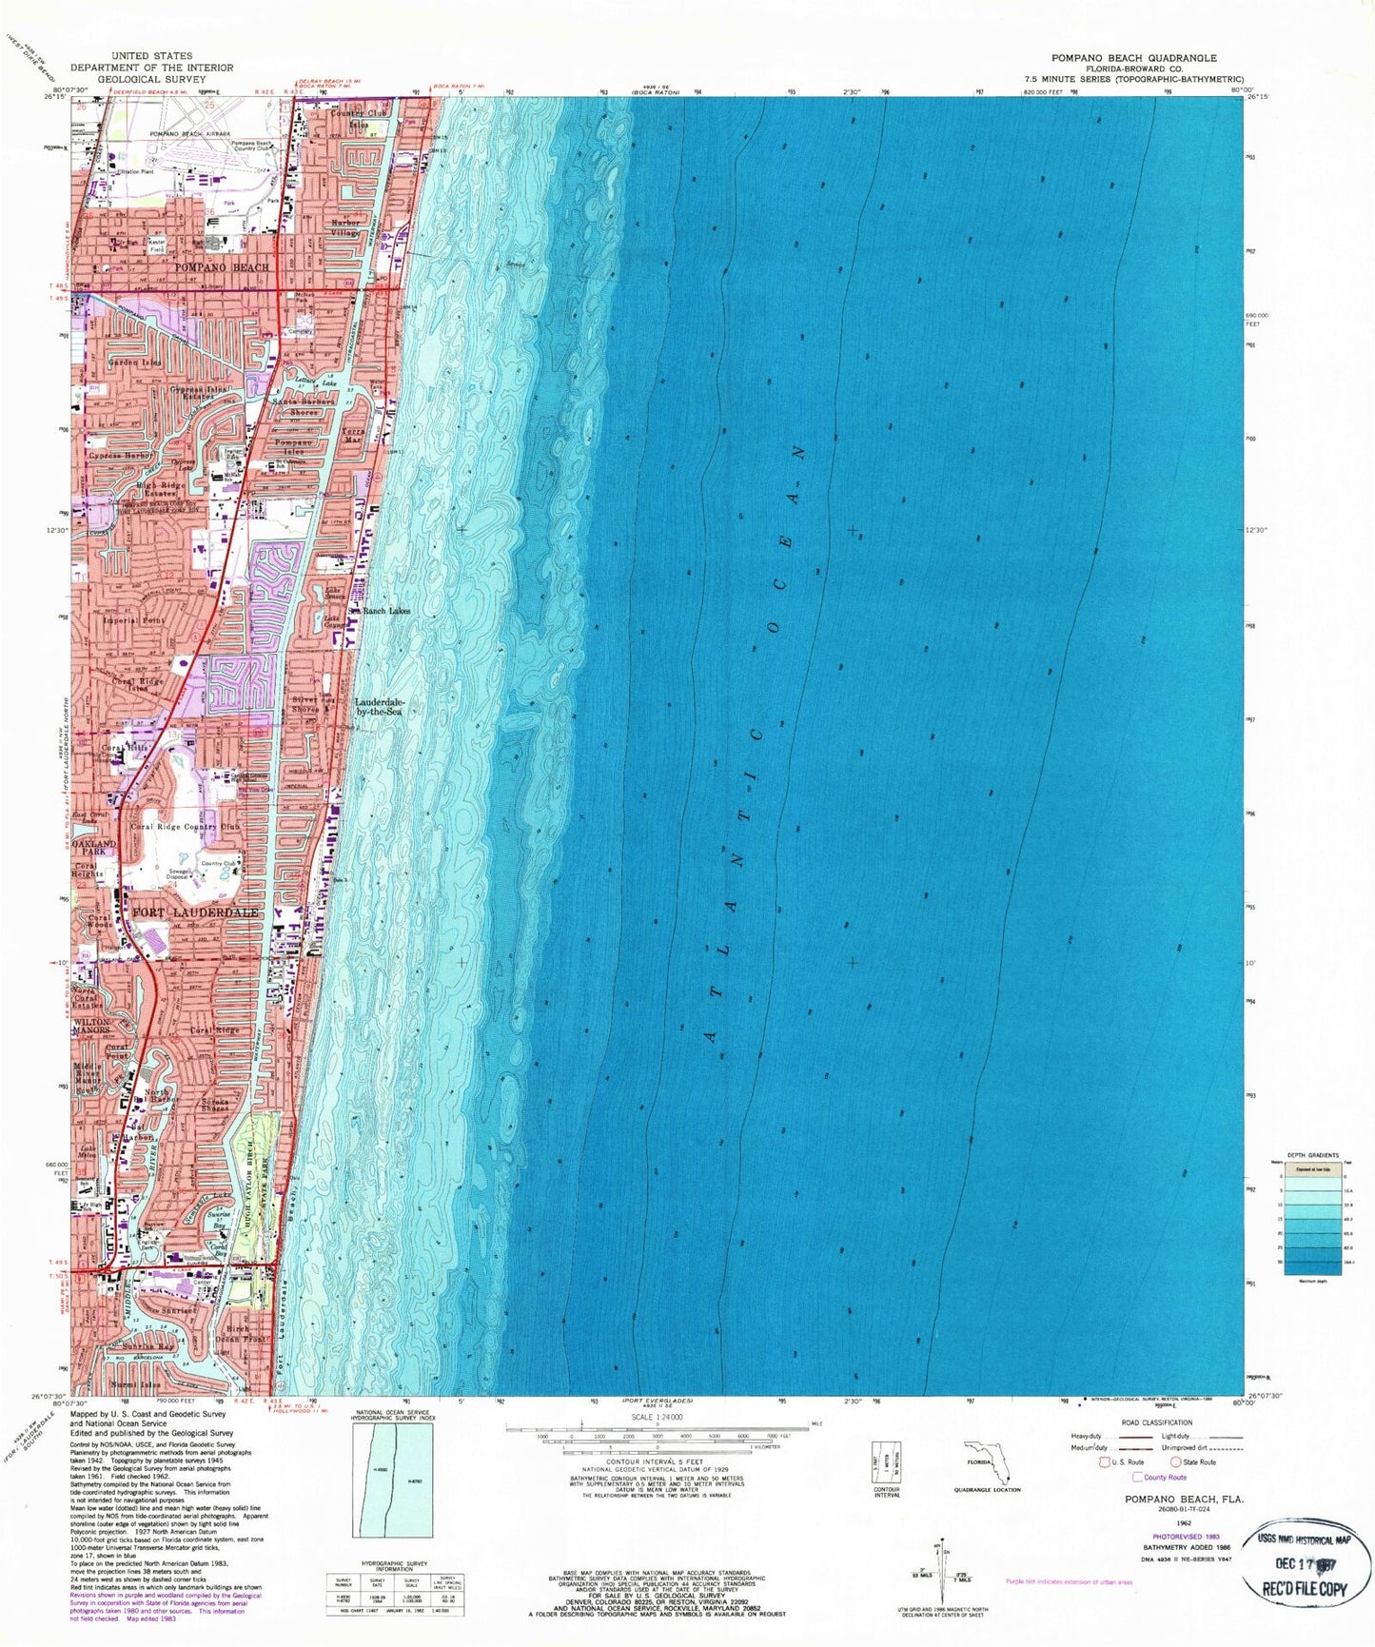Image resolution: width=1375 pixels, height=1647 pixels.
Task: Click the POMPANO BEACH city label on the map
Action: (x=222, y=267)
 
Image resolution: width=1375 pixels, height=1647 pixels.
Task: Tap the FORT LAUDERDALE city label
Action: (x=195, y=912)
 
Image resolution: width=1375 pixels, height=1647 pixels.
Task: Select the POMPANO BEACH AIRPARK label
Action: (x=189, y=134)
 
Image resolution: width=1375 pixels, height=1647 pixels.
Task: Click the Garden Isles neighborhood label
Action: (x=135, y=363)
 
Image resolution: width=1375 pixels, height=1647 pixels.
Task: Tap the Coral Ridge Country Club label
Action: (x=186, y=826)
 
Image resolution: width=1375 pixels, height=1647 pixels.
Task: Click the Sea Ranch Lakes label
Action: (x=379, y=611)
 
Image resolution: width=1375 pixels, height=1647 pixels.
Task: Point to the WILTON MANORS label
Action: (x=92, y=1026)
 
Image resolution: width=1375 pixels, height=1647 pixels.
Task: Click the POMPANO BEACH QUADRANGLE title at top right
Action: (x=1133, y=58)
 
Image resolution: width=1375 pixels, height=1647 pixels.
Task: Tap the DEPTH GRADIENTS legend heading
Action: (x=1312, y=1155)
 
